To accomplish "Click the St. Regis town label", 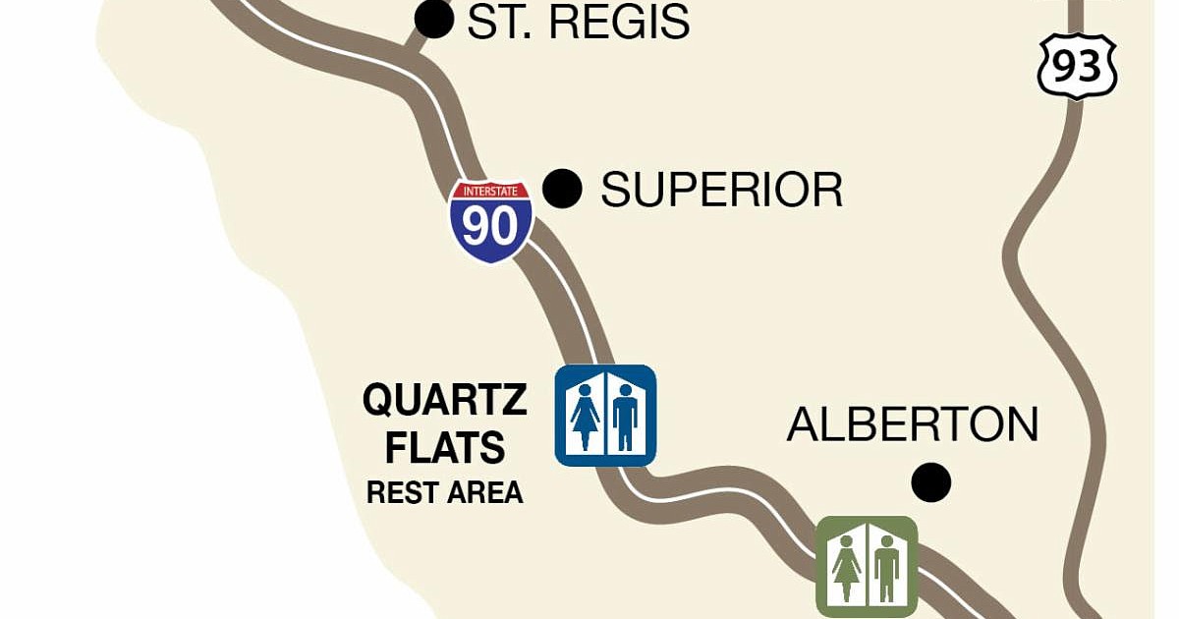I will [578, 22].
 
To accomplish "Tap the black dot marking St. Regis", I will [434, 19].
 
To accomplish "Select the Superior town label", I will [722, 190].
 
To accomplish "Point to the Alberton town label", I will [913, 424].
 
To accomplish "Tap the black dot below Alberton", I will [930, 482].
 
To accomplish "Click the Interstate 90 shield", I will [491, 221].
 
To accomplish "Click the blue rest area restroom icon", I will [605, 416].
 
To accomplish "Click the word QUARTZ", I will [445, 401].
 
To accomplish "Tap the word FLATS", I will [445, 449].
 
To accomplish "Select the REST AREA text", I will [445, 492].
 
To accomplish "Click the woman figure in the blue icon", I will [586, 417].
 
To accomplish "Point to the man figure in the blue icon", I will [625, 417].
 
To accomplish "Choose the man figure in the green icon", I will [886, 569].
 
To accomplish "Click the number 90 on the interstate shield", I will [491, 227].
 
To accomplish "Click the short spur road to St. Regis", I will [420, 42].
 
